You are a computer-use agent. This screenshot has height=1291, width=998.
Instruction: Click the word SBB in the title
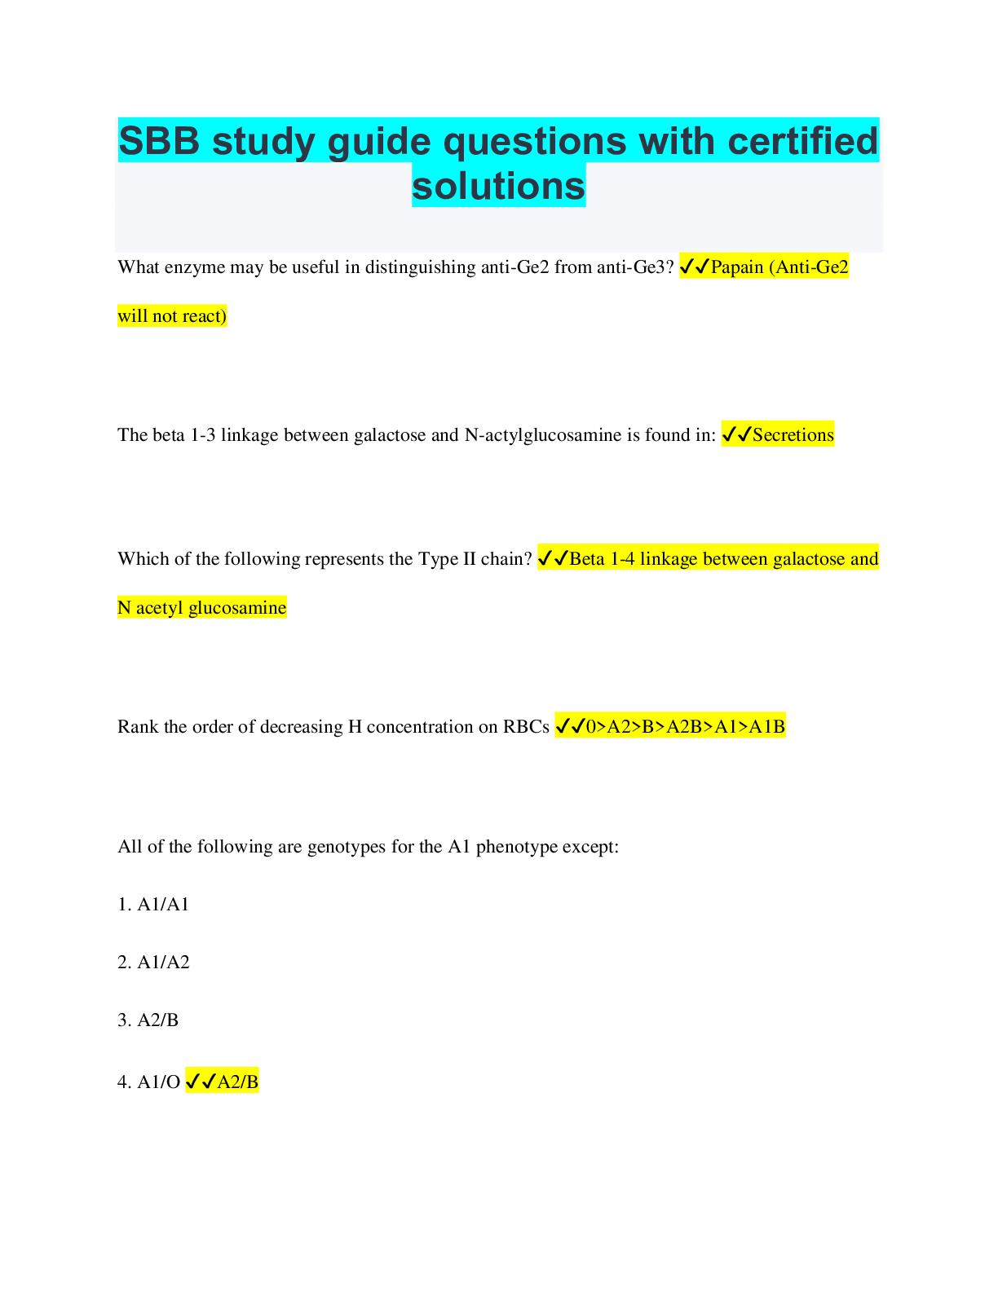pyautogui.click(x=160, y=142)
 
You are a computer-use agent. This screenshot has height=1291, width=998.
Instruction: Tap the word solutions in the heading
pyautogui.click(x=498, y=186)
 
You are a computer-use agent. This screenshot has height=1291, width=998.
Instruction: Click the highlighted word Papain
pyautogui.click(x=737, y=267)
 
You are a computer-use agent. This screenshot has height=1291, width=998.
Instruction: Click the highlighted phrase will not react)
pyautogui.click(x=172, y=316)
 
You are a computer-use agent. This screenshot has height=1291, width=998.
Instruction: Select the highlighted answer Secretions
pyautogui.click(x=793, y=435)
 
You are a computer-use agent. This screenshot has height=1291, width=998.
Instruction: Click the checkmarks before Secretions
pyautogui.click(x=736, y=435)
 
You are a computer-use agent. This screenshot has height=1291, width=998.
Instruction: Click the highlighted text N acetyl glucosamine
pyautogui.click(x=201, y=608)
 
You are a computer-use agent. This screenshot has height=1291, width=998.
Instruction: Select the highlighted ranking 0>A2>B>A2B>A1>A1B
pyautogui.click(x=685, y=727)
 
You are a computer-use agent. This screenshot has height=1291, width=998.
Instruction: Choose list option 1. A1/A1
pyautogui.click(x=153, y=905)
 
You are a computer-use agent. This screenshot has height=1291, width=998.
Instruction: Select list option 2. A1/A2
pyautogui.click(x=153, y=963)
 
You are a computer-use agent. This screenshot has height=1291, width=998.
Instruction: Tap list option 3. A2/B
pyautogui.click(x=148, y=1020)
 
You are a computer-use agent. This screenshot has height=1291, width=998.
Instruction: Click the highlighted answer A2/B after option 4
pyautogui.click(x=237, y=1082)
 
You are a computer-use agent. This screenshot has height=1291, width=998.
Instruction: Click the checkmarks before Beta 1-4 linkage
pyautogui.click(x=553, y=559)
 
